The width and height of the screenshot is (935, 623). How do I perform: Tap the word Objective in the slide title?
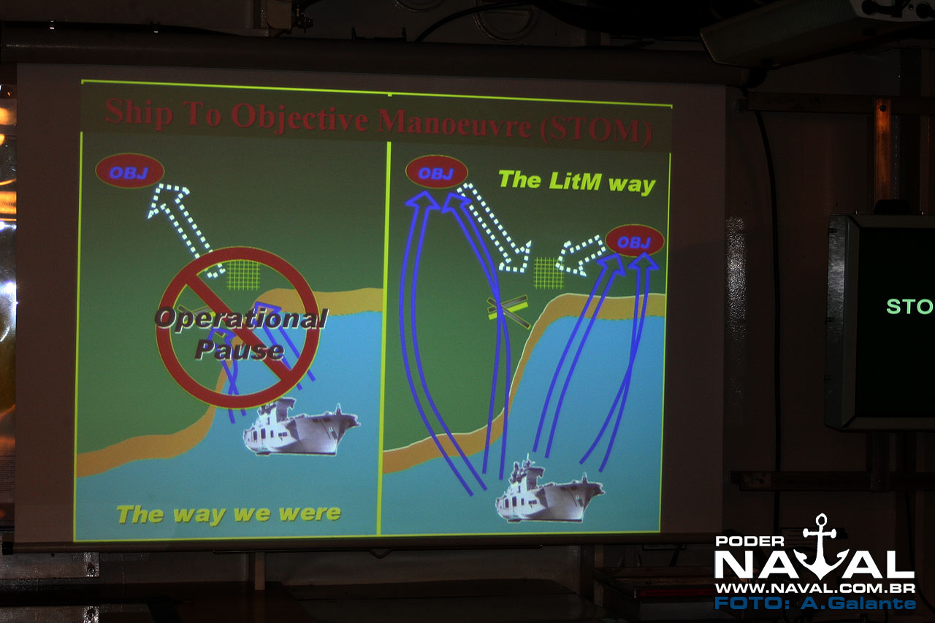pos(299,119)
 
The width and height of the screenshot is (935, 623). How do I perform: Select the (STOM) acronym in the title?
pos(595,131)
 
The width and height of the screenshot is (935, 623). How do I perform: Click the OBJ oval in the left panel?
pos(130,171)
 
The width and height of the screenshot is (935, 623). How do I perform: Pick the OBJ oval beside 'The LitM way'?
pos(436,172)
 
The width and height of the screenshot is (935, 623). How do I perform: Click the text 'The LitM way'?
pos(577,182)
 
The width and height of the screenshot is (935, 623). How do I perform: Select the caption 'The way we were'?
pos(229,513)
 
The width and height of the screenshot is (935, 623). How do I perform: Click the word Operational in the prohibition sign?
pos(242,318)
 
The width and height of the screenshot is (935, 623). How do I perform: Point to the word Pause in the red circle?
pos(240,349)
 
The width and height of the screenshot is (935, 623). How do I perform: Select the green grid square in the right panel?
pos(549,273)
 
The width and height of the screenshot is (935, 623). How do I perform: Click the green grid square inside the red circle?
pos(243,275)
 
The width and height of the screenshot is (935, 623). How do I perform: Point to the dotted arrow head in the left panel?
pos(168,199)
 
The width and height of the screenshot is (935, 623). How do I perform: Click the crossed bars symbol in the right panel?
pos(508,310)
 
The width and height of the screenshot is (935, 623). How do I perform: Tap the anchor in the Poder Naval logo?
pos(821,546)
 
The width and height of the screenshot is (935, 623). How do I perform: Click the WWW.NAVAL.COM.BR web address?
pos(815,589)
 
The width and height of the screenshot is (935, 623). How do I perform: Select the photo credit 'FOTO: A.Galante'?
pos(815,603)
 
